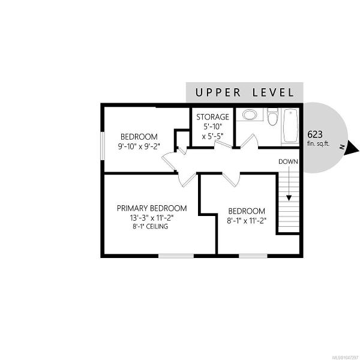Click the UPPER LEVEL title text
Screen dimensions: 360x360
coord(245,92)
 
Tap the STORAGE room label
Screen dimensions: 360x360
coord(212,117)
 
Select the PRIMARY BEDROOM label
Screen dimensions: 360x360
coord(152,208)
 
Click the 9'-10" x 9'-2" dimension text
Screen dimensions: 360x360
coord(139,146)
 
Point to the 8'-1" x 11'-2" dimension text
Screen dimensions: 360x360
coord(247,221)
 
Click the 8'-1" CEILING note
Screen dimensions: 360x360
coord(151,226)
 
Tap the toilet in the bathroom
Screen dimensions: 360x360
coord(273,116)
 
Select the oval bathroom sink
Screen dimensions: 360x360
coord(250,115)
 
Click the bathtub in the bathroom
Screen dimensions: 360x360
coord(290,126)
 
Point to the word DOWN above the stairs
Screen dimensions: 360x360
coord(288,161)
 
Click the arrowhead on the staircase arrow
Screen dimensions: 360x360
coord(289,198)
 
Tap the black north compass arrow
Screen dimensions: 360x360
coord(352,148)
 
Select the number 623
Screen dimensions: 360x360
coord(315,134)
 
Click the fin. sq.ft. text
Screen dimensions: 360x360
coord(319,144)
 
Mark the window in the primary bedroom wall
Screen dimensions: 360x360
coord(176,256)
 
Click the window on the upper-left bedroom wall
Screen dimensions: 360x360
coord(103,146)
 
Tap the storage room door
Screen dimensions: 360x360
coord(223,145)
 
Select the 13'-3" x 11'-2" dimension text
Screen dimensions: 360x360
coord(152,218)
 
